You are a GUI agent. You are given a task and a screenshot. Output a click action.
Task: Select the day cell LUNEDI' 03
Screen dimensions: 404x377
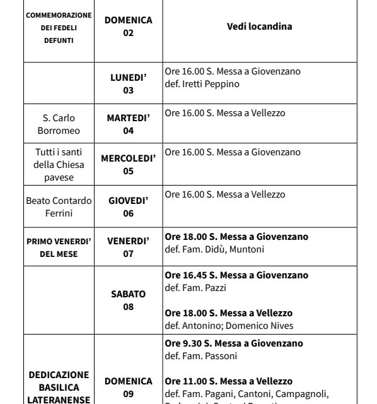[129, 85]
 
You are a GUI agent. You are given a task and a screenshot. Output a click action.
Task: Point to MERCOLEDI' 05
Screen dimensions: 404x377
[129, 163]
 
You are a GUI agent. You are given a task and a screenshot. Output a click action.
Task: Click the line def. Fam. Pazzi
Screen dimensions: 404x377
[193, 287]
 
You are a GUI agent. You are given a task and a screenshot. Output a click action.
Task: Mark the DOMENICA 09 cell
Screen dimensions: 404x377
[129, 387]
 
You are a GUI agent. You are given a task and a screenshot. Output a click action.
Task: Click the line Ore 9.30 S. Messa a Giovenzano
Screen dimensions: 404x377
[234, 343]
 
